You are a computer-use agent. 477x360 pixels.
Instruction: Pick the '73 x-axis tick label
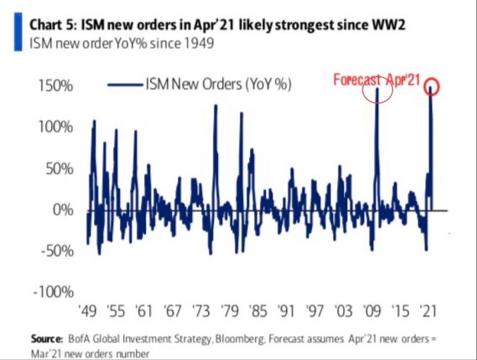coord(201,312)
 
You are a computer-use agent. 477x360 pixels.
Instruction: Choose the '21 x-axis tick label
coord(428,312)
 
